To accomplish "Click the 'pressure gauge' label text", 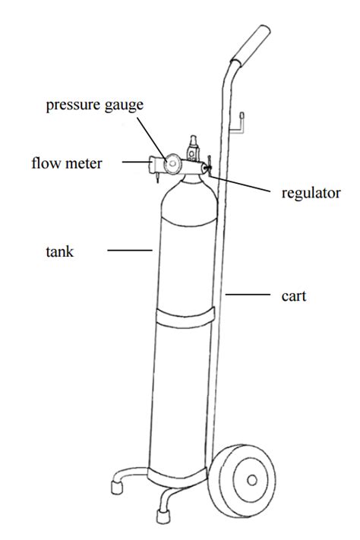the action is [x=94, y=105].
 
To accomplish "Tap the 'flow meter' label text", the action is [x=67, y=163].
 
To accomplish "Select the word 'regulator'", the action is [x=311, y=193].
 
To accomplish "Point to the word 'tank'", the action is [x=59, y=251].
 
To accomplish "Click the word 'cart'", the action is [x=293, y=296].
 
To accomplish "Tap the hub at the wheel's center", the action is [x=252, y=480].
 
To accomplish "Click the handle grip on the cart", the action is [x=251, y=44].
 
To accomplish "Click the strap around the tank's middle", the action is [x=185, y=317].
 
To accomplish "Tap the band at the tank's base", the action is [x=177, y=475].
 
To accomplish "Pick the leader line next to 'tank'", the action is [x=130, y=251].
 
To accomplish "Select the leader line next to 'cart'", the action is [x=248, y=295].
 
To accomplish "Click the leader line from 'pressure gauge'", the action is [x=152, y=138].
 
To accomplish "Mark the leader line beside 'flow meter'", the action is [x=136, y=161].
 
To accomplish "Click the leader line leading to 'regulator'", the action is [x=239, y=184].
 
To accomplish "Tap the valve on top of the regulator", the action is [x=193, y=148].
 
